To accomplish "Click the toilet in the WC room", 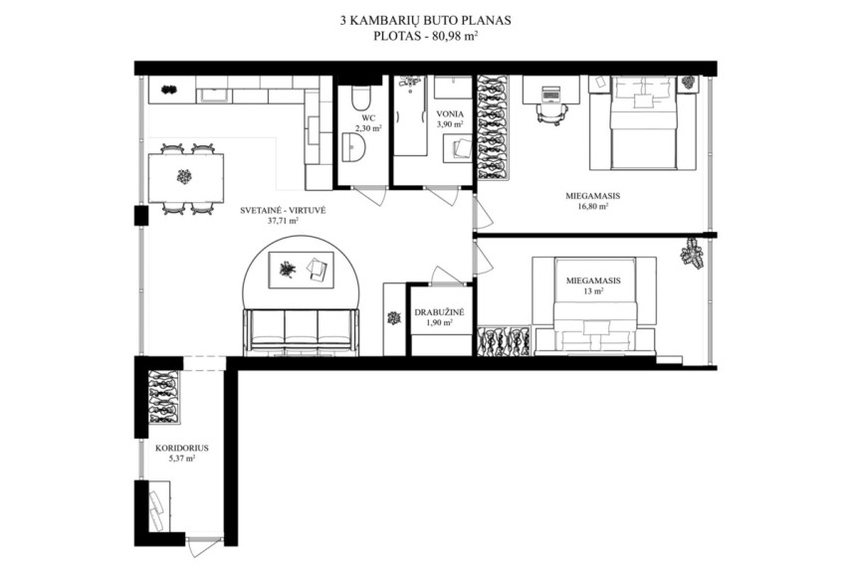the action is pos(360,97).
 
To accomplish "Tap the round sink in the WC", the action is pos(355,148).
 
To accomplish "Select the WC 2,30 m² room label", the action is pos(368,123).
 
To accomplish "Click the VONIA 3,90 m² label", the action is pos(450,118).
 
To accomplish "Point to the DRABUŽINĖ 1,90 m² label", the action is pos(440,317).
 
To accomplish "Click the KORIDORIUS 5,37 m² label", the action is pos(182,453).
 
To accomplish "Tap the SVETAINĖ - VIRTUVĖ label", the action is pos(283,211).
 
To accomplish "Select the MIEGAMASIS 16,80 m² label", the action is pos(592,201).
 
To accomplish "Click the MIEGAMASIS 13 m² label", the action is pos(593,285).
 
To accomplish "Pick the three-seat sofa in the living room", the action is pos(302,332).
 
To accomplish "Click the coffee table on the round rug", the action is pos(302,270).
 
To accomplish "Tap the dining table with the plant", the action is pos(185,178).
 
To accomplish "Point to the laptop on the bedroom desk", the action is pos(550,94).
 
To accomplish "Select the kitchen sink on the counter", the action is pos(214,96).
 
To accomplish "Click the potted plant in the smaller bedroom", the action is pos(692,253).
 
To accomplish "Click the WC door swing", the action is pos(370,194).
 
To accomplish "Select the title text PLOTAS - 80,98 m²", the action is pos(426,37).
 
